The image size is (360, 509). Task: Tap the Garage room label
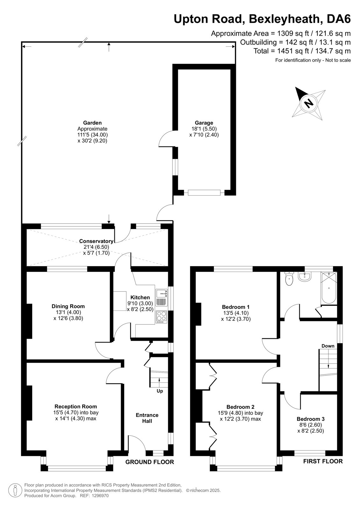[x=204, y=123]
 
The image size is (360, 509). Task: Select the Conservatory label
[x=96, y=241]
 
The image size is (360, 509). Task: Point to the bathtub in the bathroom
[x=328, y=288]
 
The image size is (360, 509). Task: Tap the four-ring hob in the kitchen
[x=161, y=317]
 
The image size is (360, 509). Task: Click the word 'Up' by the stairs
[x=160, y=391]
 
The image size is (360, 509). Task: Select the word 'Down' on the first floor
[x=328, y=346]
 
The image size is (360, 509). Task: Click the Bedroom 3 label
[x=310, y=419]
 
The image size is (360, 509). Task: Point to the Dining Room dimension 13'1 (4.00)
[x=68, y=312]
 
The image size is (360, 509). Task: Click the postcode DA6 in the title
[x=339, y=19]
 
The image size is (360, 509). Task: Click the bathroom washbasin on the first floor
[x=304, y=276]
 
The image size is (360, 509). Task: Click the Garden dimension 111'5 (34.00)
[x=92, y=135]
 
